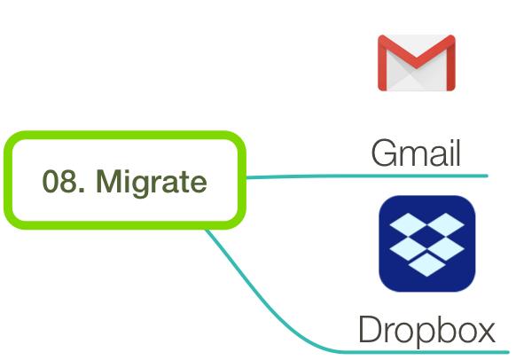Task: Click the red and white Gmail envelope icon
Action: click(x=417, y=63)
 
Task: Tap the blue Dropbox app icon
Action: click(x=427, y=244)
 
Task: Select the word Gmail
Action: click(x=416, y=153)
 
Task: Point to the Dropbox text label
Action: click(x=426, y=329)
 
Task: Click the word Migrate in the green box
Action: click(x=152, y=182)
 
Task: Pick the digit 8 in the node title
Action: click(x=66, y=181)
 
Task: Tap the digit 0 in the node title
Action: click(x=49, y=181)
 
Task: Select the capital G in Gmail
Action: click(x=383, y=153)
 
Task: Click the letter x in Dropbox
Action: click(x=485, y=333)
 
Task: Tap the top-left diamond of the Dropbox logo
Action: click(x=409, y=223)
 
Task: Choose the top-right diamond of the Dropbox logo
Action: click(x=446, y=223)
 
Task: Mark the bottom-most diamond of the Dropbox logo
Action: click(x=427, y=264)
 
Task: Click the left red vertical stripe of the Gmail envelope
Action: click(x=382, y=63)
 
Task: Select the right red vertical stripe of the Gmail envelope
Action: click(x=451, y=63)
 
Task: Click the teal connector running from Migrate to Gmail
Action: click(x=367, y=176)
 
